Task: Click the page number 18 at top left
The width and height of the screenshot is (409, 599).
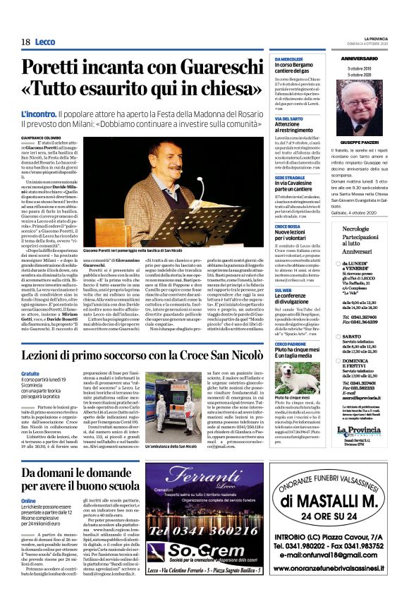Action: [25, 42]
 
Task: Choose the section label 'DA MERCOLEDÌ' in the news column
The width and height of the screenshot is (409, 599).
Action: [288, 59]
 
